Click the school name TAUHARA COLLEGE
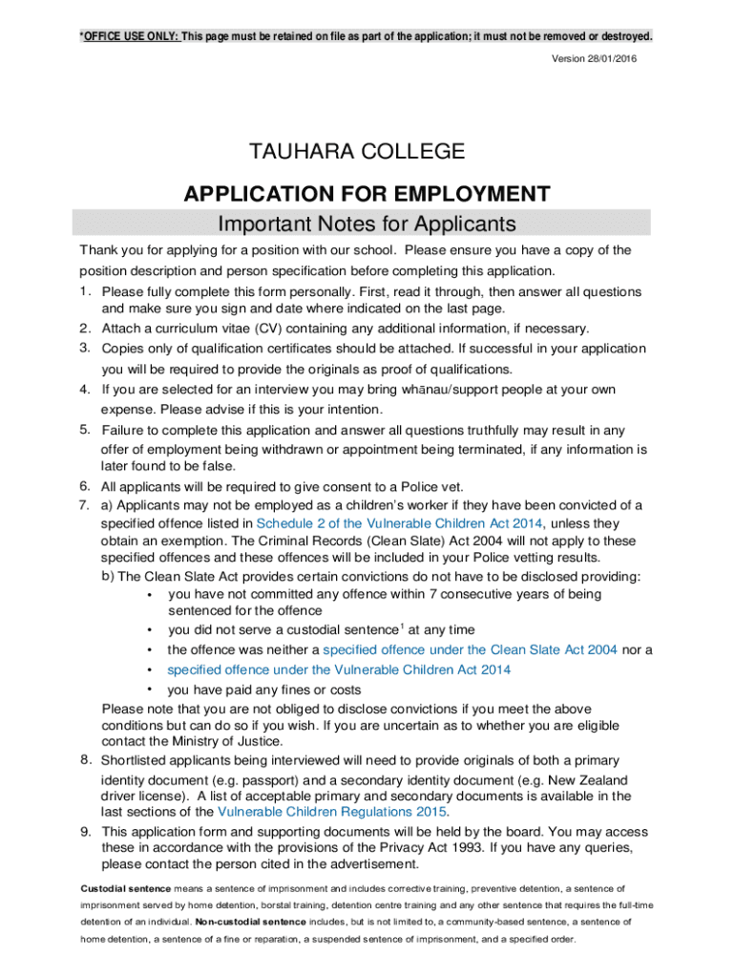357,151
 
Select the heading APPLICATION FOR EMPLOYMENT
367,195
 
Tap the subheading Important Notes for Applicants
367,223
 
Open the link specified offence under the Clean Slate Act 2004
470,649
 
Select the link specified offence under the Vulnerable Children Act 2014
339,670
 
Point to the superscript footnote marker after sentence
402,626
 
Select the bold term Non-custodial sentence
250,923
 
